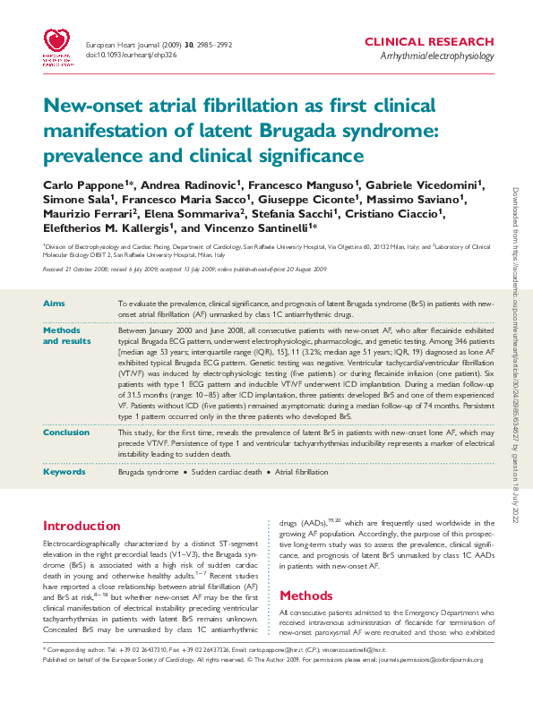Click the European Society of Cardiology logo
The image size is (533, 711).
click(59, 47)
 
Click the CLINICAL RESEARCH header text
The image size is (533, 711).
click(429, 42)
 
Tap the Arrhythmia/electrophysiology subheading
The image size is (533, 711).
click(436, 56)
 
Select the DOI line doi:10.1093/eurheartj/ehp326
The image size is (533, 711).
click(130, 56)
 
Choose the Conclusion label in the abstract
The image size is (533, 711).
click(67, 433)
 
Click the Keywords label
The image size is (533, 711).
click(64, 471)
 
